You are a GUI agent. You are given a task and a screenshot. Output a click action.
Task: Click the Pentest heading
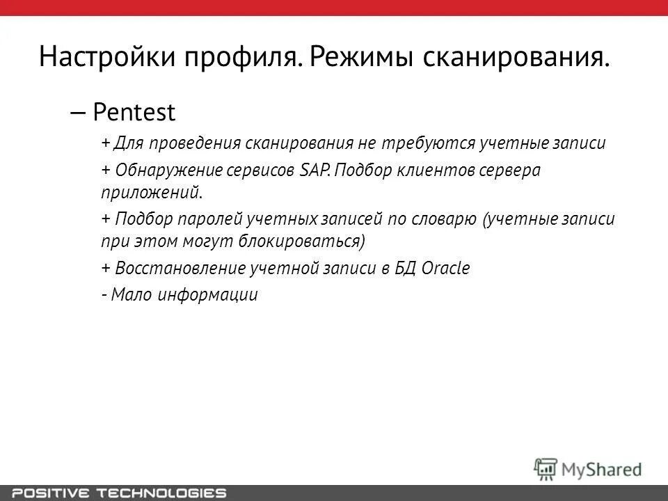[134, 111]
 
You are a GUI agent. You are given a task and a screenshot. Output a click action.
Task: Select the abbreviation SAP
[315, 171]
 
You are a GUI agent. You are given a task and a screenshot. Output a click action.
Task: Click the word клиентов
[441, 171]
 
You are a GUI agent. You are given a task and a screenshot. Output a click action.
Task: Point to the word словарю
[445, 219]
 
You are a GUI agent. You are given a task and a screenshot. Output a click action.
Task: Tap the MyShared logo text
[602, 469]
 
